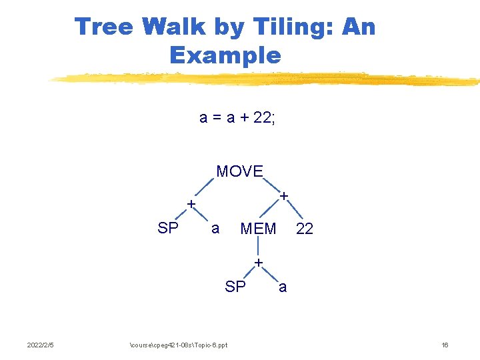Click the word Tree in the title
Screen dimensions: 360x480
point(104,27)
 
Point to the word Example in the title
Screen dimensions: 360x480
point(225,55)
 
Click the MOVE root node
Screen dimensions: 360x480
point(240,171)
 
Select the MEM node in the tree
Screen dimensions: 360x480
point(258,229)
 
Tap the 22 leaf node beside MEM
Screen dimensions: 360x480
point(304,229)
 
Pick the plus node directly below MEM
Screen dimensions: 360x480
point(259,262)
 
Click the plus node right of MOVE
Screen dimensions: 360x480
point(284,197)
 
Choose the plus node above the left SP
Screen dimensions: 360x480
point(191,203)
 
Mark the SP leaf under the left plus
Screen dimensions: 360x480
point(167,228)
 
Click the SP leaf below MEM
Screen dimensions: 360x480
point(235,287)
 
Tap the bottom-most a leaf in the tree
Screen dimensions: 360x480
point(283,287)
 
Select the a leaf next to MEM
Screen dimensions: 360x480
point(215,229)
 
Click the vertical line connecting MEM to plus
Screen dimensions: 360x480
point(258,247)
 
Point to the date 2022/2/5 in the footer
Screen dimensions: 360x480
point(41,345)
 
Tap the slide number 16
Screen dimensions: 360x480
point(445,345)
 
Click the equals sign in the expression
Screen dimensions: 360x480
point(215,118)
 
